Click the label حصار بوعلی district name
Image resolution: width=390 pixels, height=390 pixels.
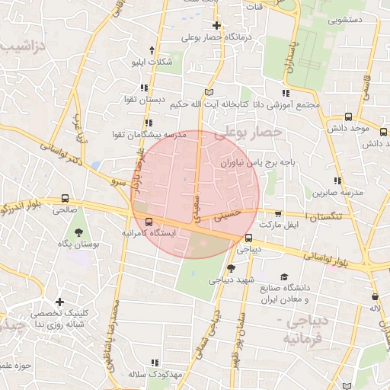[248, 133]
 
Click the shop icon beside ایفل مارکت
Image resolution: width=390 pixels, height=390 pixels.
[278, 214]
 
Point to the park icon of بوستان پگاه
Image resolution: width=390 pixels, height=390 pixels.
[78, 231]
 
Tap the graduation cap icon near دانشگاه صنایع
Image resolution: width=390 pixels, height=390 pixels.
[284, 277]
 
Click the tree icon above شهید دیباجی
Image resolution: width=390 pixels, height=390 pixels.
[231, 267]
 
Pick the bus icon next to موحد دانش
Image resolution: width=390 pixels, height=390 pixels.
[348, 117]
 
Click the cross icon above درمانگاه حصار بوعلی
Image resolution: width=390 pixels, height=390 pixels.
[217, 24]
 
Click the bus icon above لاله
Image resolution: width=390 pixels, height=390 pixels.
[375, 296]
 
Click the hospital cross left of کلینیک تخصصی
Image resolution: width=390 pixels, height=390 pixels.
[59, 302]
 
